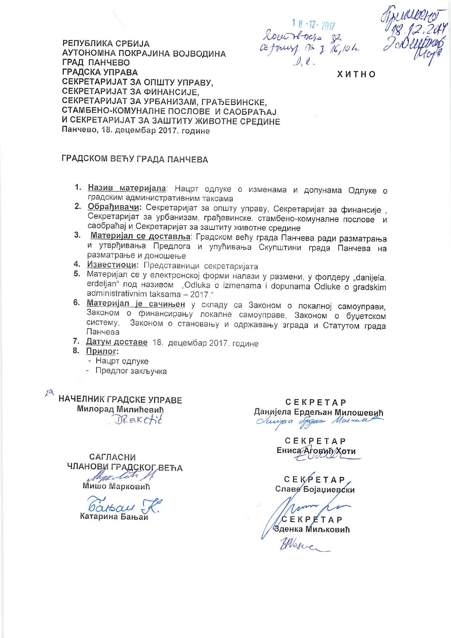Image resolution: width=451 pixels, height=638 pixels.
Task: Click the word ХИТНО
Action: [356, 74]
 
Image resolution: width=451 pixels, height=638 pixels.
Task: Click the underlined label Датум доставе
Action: [117, 342]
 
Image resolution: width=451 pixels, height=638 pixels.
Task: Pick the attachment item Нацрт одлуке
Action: [122, 361]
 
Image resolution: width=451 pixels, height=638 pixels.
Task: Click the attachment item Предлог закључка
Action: [131, 371]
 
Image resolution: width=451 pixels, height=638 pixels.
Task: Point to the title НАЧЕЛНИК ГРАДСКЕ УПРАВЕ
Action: [120, 400]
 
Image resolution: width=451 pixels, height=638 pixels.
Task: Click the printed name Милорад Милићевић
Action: [121, 409]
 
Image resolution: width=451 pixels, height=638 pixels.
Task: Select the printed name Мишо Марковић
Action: [116, 486]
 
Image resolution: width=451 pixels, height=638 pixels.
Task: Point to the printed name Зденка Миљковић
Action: [312, 529]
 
